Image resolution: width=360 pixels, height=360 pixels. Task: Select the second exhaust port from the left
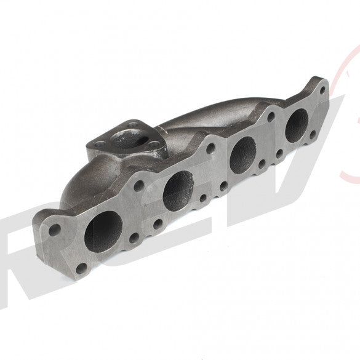click(x=178, y=186)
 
